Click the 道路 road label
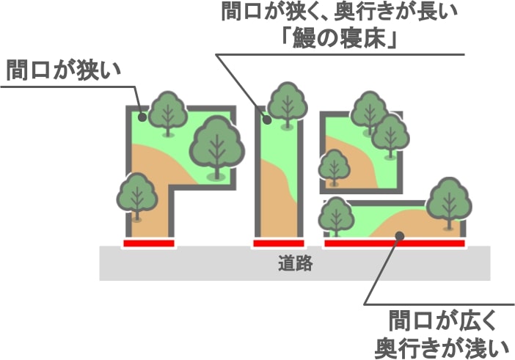pyautogui.click(x=295, y=263)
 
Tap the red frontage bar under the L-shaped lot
pyautogui.click(x=149, y=243)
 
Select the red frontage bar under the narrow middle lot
pyautogui.click(x=279, y=243)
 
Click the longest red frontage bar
pyautogui.click(x=395, y=243)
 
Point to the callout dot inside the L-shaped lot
pyautogui.click(x=142, y=117)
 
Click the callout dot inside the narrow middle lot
pyautogui.click(x=267, y=120)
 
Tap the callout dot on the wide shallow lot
pyautogui.click(x=400, y=235)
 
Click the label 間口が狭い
pyautogui.click(x=64, y=70)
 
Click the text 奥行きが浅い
pyautogui.click(x=442, y=348)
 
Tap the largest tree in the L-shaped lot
pyautogui.click(x=216, y=147)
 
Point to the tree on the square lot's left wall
pyautogui.click(x=335, y=168)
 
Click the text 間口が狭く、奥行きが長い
pyautogui.click(x=339, y=12)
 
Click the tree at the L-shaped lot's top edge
pyautogui.click(x=168, y=113)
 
